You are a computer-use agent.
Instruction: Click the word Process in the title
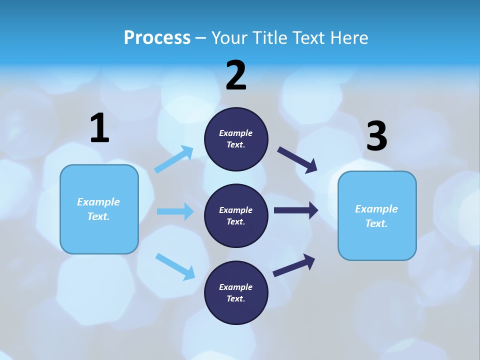coord(157,37)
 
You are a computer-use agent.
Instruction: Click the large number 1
coord(99,128)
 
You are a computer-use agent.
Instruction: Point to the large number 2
coord(236,75)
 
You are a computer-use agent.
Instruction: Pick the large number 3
coord(376,136)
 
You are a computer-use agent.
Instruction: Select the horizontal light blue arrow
coord(175,211)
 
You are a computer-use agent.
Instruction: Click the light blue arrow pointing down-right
coord(175,266)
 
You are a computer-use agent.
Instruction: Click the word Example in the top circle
coord(236,133)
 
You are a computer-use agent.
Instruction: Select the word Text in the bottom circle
coord(235,298)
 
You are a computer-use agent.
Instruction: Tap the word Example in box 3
coord(376,209)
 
